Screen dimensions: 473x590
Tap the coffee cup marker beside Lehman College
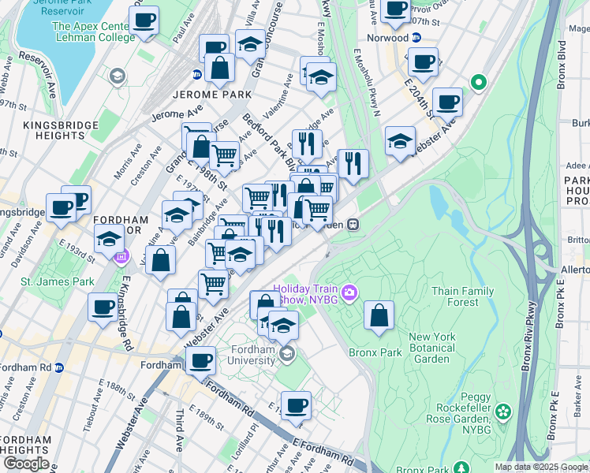(x=144, y=20)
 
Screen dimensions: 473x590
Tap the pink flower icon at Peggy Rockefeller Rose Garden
(x=503, y=412)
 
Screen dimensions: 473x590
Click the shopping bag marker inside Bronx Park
(x=379, y=315)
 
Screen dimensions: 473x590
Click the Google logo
(x=26, y=464)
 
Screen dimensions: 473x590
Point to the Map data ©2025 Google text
(x=541, y=467)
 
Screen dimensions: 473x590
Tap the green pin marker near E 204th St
(x=477, y=82)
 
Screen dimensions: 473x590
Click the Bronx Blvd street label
(x=562, y=69)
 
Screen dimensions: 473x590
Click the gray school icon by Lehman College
(x=118, y=76)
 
